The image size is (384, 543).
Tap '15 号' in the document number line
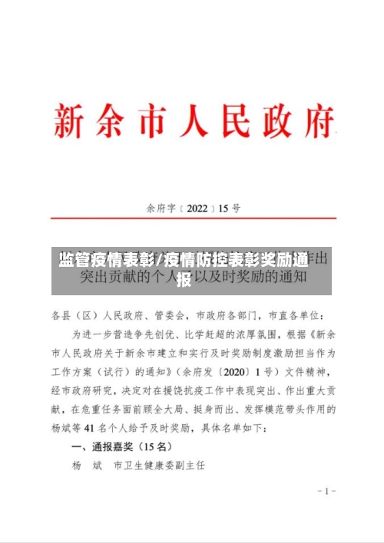coord(230,208)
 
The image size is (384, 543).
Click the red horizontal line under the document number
coord(192,219)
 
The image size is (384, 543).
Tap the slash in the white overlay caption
coord(160,260)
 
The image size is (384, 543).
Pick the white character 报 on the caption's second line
coord(184,279)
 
